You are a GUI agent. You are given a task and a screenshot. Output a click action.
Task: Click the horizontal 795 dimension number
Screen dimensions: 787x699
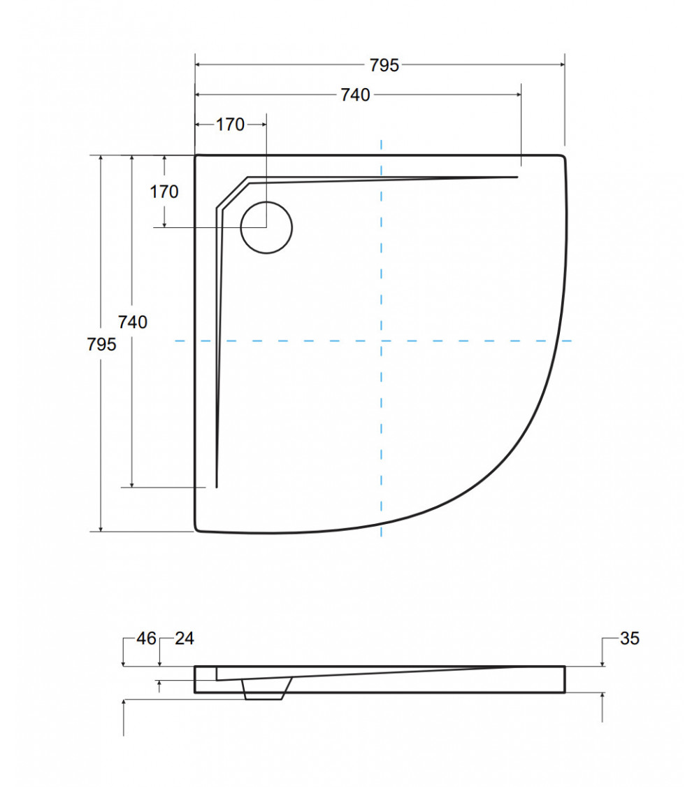[x=384, y=65]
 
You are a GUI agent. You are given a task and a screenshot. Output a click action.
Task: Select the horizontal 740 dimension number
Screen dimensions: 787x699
[x=355, y=95]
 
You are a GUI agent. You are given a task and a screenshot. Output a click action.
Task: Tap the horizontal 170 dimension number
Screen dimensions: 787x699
[x=230, y=125]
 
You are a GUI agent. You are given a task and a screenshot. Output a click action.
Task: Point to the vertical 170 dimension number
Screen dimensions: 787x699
[x=164, y=192]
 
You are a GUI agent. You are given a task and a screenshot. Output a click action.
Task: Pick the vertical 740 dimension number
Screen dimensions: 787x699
[x=132, y=322]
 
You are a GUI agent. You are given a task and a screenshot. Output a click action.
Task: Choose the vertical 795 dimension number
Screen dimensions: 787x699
[x=102, y=344]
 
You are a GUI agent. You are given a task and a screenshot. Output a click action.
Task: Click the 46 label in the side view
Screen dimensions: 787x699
[x=146, y=638]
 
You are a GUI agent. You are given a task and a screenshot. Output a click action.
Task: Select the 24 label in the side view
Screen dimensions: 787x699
[x=185, y=638]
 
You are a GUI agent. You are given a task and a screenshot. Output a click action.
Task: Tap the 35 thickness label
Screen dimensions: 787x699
[x=629, y=638]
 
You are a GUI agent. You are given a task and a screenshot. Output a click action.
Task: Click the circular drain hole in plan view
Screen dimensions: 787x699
[x=266, y=227]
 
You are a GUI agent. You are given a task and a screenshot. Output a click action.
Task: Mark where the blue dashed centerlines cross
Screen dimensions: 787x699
[x=381, y=341]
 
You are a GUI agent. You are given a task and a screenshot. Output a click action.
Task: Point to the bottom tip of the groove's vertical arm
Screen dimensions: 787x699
[x=217, y=485]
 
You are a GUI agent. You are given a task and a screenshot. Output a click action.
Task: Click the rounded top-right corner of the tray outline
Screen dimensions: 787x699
[x=561, y=157]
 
